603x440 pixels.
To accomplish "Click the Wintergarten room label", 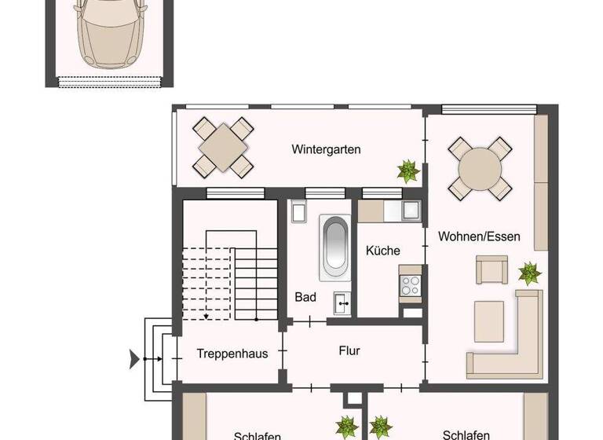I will click(326, 149).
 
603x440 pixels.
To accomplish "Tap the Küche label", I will click(383, 251).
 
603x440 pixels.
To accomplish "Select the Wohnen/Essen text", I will click(479, 236).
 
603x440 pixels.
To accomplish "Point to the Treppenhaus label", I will click(232, 354).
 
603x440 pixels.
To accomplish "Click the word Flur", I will click(349, 351).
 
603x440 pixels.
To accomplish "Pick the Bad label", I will click(305, 297).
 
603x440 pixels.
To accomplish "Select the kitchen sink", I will click(410, 210).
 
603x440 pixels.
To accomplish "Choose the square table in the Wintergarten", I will click(225, 147).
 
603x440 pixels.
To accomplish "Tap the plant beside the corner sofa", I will click(530, 274).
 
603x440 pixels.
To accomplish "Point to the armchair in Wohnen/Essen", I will click(491, 270).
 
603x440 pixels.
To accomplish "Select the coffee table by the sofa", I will click(489, 321).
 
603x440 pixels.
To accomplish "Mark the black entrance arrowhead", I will click(134, 360).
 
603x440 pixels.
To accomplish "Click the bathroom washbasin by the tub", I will click(342, 299).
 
